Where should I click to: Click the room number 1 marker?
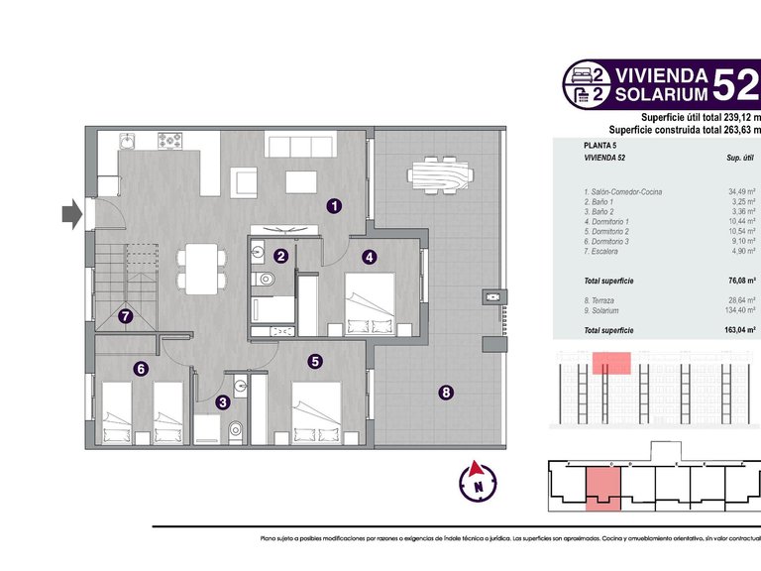(335, 206)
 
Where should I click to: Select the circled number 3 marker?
(223, 401)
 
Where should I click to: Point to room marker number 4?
(369, 257)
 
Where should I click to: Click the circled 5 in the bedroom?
(314, 362)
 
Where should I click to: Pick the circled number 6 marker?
(141, 369)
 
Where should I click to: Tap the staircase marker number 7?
(125, 318)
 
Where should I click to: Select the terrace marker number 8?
(446, 393)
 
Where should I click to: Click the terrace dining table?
(435, 177)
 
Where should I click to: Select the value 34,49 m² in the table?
(740, 191)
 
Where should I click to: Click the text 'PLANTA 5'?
(600, 146)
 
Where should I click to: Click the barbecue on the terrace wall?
(492, 296)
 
